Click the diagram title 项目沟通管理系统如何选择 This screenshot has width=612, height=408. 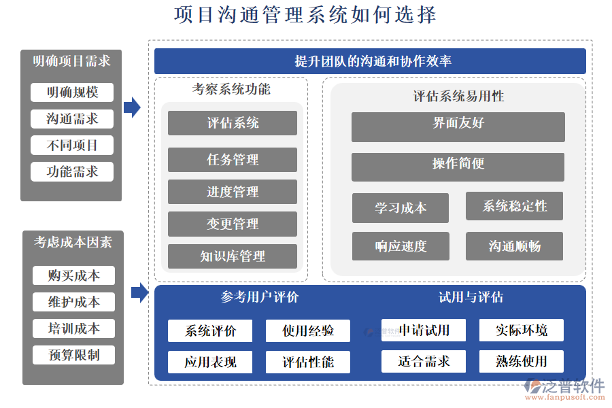305,15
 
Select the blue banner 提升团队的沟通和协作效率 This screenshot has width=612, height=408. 370,61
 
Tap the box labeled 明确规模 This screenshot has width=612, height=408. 72,92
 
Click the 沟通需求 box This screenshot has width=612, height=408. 72,119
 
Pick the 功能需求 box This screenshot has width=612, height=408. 72,171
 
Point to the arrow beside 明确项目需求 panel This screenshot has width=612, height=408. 132,107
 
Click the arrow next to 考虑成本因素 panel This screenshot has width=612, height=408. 139,292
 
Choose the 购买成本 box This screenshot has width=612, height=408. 73,275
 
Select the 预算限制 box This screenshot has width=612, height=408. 73,355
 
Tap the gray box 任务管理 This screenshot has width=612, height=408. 233,160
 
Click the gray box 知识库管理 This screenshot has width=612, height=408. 233,256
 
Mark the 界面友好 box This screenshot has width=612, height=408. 458,126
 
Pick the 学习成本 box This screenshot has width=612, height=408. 400,207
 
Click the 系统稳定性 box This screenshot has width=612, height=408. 514,206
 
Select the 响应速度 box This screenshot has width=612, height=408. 400,246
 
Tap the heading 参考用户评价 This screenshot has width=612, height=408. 260,297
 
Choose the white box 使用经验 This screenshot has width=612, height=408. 308,331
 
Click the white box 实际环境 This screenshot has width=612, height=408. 521,330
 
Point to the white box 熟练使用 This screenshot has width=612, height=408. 521,361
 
